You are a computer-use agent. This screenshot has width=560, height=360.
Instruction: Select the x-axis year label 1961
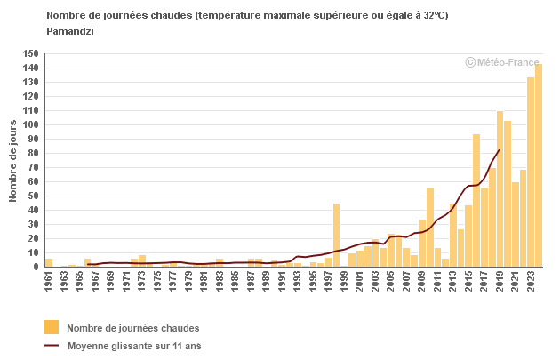coord(49,280)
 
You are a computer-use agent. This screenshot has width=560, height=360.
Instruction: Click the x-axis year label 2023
coord(531,280)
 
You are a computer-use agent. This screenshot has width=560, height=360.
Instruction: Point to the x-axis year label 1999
coord(344,280)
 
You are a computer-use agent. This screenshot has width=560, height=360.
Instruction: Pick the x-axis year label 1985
coord(236,280)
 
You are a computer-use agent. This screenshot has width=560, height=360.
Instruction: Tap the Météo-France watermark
coord(502,62)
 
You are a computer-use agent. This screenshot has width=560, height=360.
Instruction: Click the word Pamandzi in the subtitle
coord(71,30)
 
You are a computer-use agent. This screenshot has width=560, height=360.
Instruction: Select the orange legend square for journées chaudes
coord(52,327)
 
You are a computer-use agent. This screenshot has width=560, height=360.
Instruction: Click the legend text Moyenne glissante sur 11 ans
coord(134,346)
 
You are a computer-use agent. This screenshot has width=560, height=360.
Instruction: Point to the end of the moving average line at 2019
coord(500,150)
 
